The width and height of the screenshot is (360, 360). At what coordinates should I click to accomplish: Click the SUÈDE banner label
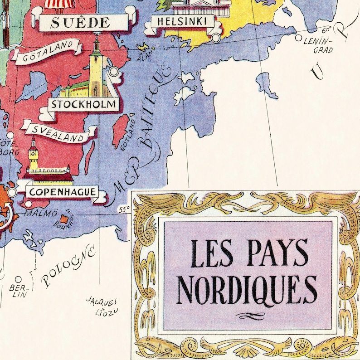pyautogui.click(x=80, y=22)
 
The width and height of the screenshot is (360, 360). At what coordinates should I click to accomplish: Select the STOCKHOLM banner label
pyautogui.click(x=84, y=105)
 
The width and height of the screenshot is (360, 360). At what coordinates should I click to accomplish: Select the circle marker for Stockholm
pyautogui.click(x=114, y=71)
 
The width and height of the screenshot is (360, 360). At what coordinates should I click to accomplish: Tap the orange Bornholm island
pyautogui.click(x=68, y=219)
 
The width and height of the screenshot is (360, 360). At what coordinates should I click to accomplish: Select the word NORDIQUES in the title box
pyautogui.click(x=248, y=287)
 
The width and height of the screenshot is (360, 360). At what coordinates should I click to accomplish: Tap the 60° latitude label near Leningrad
pyautogui.click(x=326, y=30)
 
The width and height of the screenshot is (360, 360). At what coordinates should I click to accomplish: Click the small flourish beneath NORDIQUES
pyautogui.click(x=248, y=316)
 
